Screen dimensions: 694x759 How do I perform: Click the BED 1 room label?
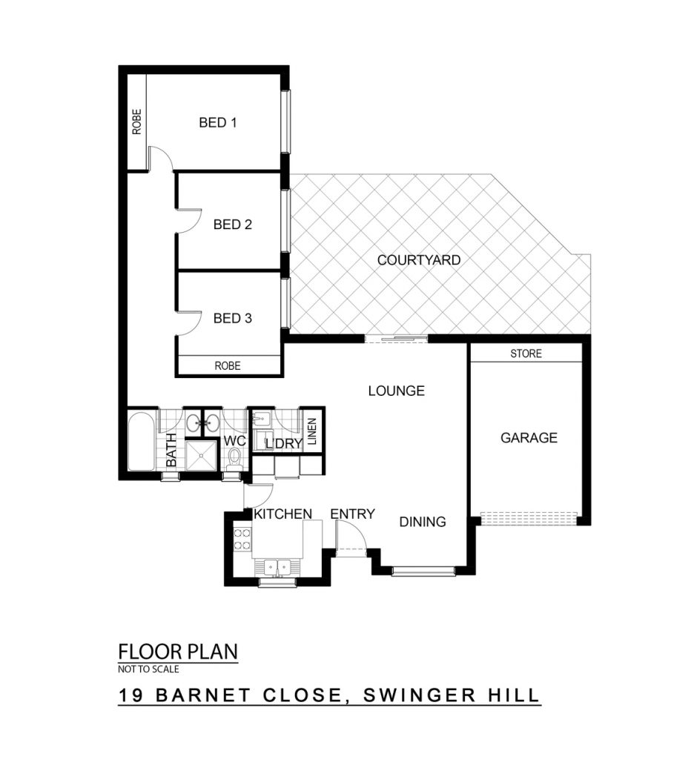click(217, 122)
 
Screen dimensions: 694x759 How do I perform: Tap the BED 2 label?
click(233, 225)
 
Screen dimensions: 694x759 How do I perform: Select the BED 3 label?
click(233, 318)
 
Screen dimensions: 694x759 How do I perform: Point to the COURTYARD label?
click(418, 260)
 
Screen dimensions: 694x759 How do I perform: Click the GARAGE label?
click(529, 437)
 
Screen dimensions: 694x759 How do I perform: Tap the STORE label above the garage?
click(526, 354)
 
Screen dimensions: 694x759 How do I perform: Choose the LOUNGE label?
click(396, 391)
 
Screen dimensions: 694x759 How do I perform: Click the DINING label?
click(423, 522)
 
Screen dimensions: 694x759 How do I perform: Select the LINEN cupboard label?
click(312, 431)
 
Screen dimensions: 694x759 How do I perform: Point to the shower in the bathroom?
click(200, 455)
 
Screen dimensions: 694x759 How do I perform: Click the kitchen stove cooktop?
click(242, 540)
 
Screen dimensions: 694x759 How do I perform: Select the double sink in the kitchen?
click(277, 567)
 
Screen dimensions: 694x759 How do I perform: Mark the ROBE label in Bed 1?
click(136, 122)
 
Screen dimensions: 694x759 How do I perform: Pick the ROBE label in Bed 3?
click(227, 365)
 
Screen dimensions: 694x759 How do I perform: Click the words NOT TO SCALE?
click(149, 669)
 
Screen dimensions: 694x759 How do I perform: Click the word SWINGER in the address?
click(420, 695)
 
